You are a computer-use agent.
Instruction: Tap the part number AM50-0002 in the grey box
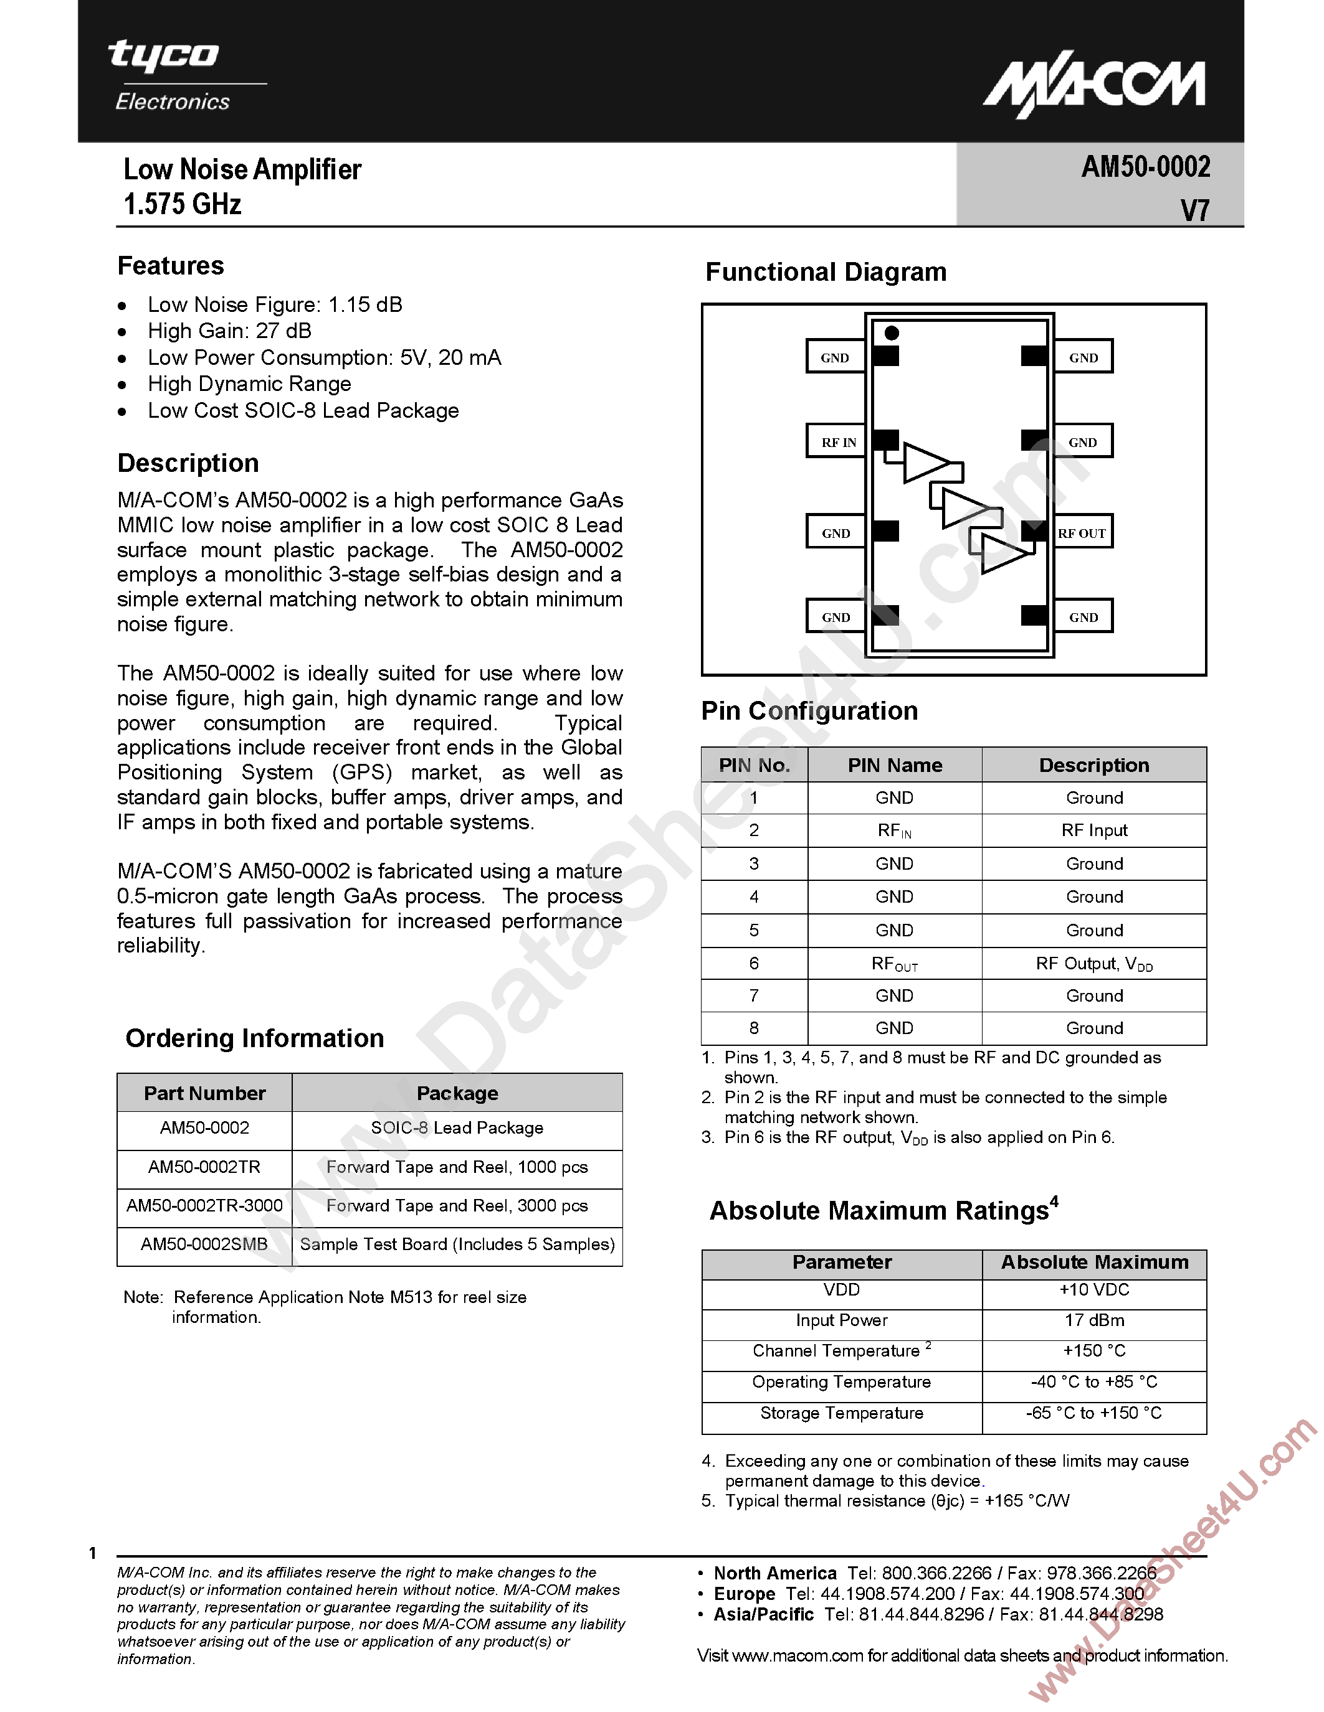click(1145, 167)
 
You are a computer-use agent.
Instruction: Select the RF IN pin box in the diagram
click(837, 442)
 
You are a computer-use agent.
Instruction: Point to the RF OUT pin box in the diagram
click(1082, 533)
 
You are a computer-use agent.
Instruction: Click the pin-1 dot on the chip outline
click(892, 333)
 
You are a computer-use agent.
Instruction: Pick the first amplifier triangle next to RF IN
click(926, 463)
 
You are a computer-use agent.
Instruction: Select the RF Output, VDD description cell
click(1094, 964)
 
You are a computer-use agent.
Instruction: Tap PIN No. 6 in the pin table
click(754, 964)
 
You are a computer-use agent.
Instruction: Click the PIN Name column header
click(895, 765)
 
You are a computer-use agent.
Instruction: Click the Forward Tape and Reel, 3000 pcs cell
click(457, 1206)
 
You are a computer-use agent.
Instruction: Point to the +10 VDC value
click(1094, 1289)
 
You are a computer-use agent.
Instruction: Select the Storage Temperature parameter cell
click(842, 1413)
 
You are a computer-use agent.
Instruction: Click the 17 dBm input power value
click(1094, 1320)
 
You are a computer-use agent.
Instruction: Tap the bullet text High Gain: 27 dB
click(230, 331)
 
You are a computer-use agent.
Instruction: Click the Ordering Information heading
click(255, 1038)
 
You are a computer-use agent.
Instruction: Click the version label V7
click(1194, 210)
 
